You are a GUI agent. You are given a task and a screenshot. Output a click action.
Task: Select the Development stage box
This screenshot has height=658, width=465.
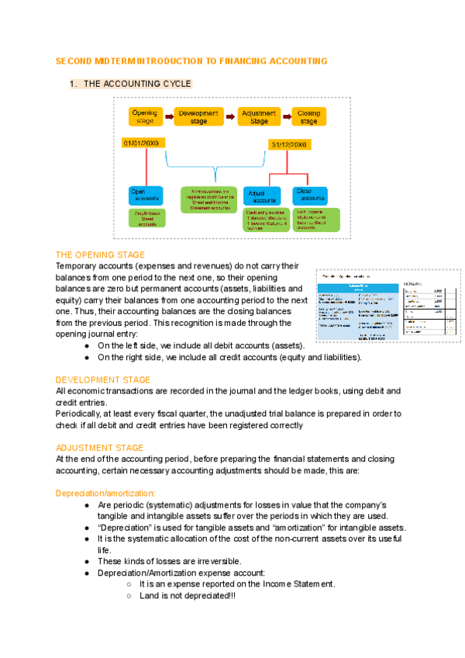[198, 116]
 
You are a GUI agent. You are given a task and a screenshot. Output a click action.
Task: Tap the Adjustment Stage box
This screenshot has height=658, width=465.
[259, 116]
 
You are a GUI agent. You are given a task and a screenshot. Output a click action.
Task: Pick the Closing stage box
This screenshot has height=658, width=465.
[309, 116]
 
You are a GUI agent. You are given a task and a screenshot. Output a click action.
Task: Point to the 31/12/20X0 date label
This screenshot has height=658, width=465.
[289, 145]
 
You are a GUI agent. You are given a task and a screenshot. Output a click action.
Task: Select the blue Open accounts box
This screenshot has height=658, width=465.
[146, 196]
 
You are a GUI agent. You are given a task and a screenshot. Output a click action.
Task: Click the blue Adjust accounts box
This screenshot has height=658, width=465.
[264, 196]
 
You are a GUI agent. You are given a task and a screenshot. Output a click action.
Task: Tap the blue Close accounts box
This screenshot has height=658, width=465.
[315, 196]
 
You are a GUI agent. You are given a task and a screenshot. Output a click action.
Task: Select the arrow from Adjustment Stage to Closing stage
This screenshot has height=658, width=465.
[286, 116]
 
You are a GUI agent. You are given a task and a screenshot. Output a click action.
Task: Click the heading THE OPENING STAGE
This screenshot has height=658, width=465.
[100, 255]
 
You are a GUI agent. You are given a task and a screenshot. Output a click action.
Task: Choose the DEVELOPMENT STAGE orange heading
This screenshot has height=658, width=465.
[103, 380]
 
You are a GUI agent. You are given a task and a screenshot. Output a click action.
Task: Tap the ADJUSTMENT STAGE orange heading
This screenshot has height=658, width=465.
[100, 448]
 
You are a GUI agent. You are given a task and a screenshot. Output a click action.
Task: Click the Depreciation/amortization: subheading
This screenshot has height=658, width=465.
[105, 493]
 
